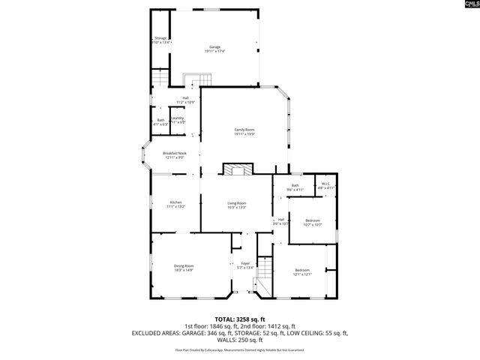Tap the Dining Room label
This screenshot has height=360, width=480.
[184, 268]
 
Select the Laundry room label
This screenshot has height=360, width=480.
[177, 119]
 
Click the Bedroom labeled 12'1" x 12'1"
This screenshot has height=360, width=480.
[302, 271]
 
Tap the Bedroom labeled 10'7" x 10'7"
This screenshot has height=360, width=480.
[313, 222]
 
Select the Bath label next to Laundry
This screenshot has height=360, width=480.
[160, 121]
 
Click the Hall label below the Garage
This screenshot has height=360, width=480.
[185, 99]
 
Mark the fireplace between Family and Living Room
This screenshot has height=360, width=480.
[238, 169]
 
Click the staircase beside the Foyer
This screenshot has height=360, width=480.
[262, 285]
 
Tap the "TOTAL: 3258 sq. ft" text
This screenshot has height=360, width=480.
[240, 319]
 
